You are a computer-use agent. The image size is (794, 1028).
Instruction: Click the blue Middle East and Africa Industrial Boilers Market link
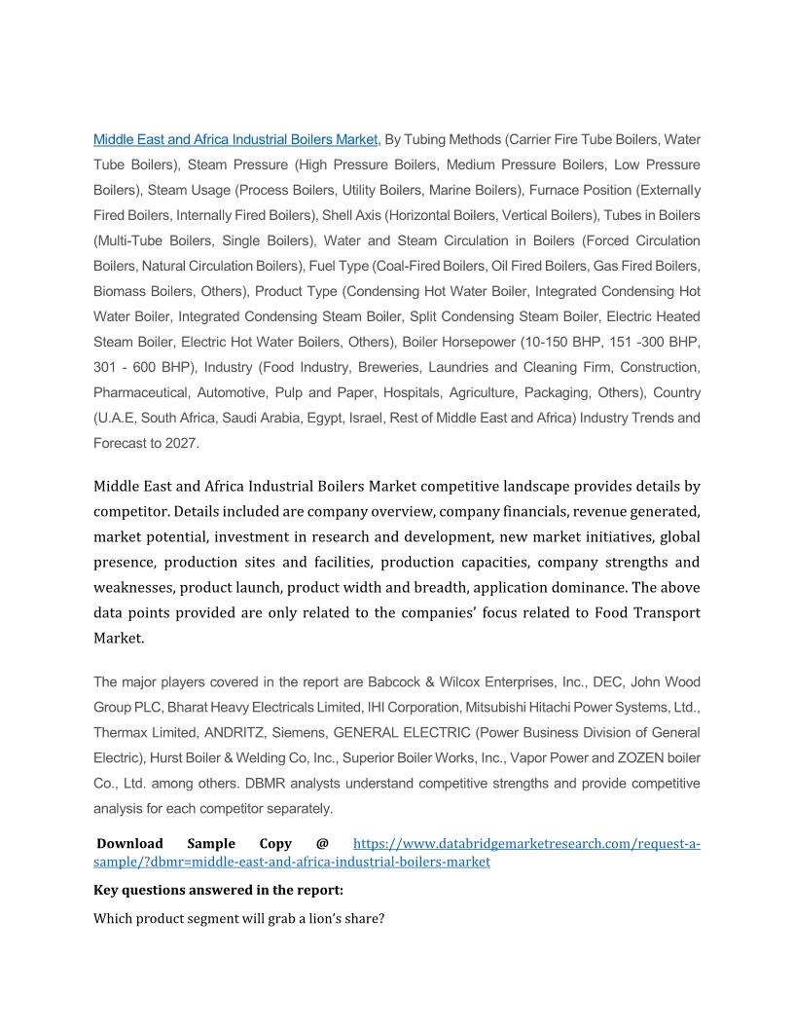235,139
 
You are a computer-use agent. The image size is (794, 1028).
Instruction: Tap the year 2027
182,443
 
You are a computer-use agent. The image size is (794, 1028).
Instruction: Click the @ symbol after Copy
322,844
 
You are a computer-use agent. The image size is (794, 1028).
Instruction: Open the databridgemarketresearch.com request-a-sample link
525,844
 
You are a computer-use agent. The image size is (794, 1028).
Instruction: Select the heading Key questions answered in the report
218,890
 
